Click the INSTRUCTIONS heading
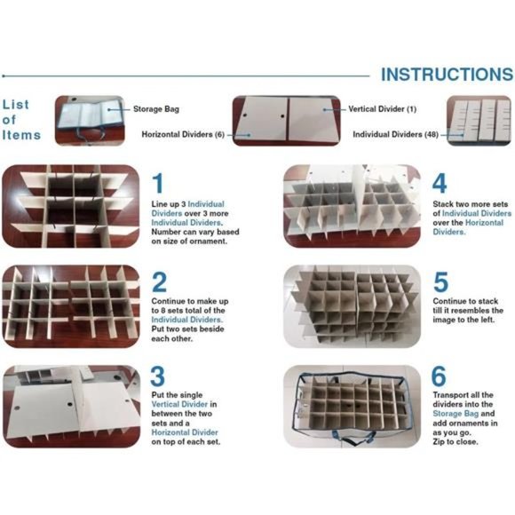click(447, 74)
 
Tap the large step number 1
click(158, 184)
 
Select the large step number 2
click(159, 282)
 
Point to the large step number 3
click(158, 376)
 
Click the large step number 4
click(440, 184)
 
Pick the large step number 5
click(440, 282)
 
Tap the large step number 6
click(440, 376)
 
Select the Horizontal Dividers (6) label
click(183, 134)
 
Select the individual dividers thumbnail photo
click(479, 121)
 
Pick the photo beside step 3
click(70, 404)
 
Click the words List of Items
click(21, 119)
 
